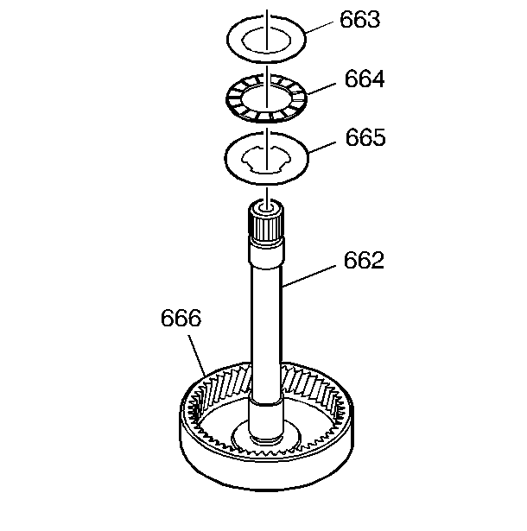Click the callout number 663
tap(360, 20)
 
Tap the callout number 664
tap(365, 79)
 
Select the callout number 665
tap(365, 137)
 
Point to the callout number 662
tap(364, 260)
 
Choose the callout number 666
tap(181, 318)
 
